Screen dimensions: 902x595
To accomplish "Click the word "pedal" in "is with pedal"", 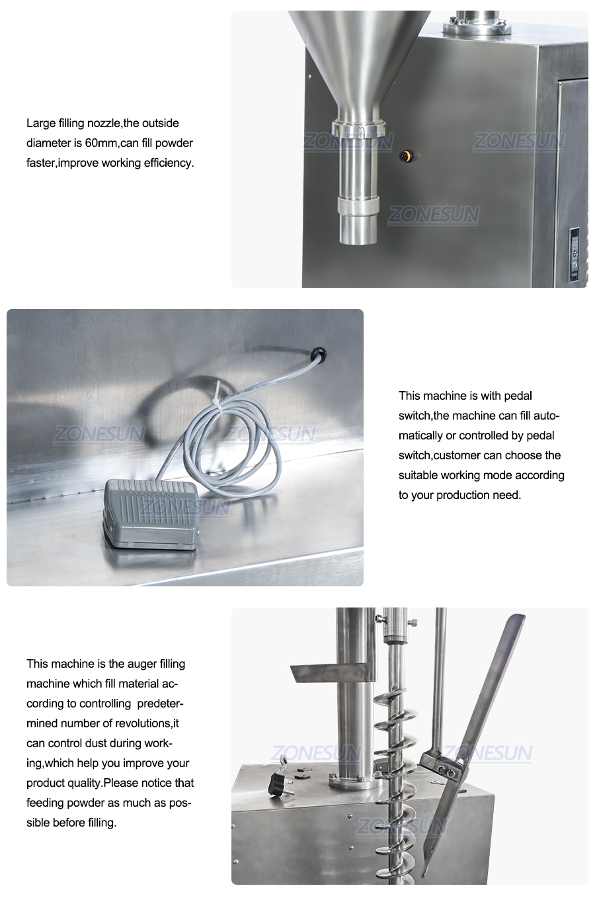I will click(x=518, y=396).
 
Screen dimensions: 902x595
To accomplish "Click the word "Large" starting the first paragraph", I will click(x=41, y=123).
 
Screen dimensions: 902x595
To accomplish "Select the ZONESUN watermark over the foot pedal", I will click(x=184, y=508).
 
